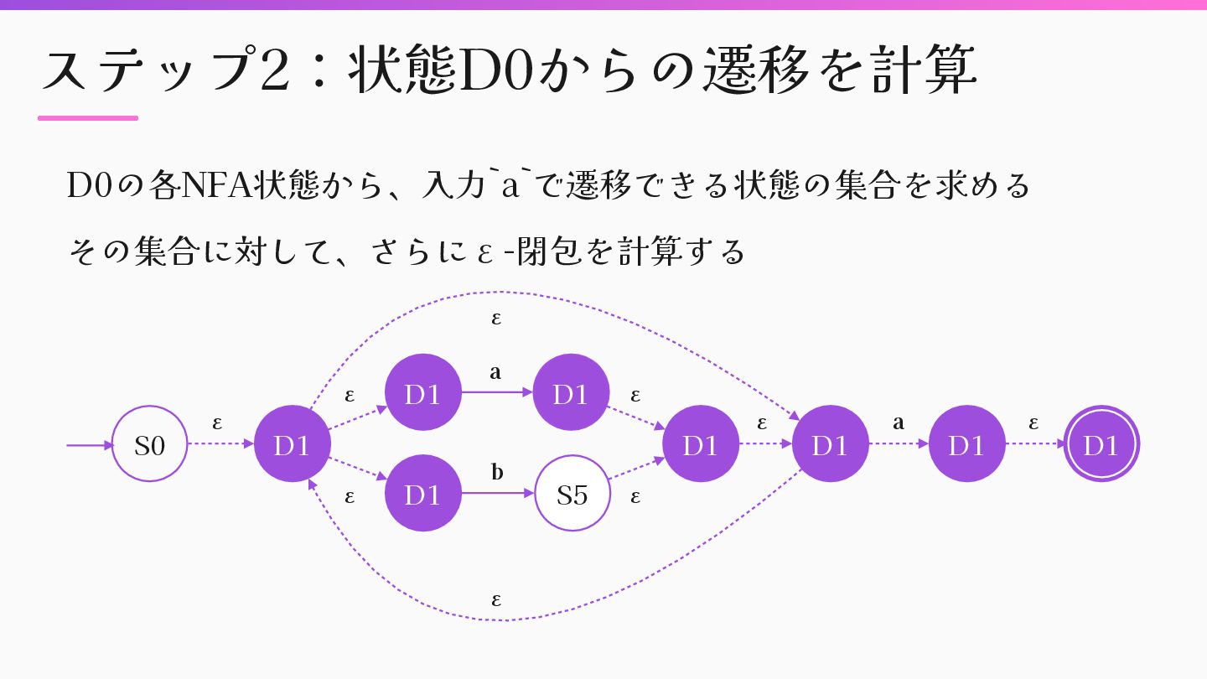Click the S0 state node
(x=150, y=444)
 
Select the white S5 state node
(x=572, y=494)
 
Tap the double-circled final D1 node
(x=1101, y=444)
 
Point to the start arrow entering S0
(x=89, y=445)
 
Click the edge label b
(x=497, y=473)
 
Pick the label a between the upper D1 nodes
(x=495, y=372)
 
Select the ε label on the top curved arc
(x=496, y=319)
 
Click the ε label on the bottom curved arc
(x=496, y=600)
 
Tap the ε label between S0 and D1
(x=217, y=422)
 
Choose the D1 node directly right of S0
(x=292, y=444)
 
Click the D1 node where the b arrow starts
(x=422, y=494)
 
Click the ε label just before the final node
(x=1033, y=423)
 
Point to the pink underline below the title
(x=88, y=118)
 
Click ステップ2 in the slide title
(x=164, y=71)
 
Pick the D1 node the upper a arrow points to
(x=571, y=393)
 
